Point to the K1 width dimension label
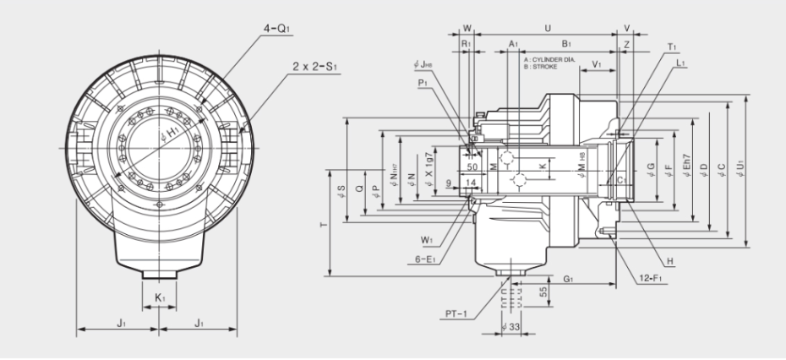159,298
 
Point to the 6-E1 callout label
438,259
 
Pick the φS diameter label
341,189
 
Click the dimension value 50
472,168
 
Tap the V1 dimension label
598,64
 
